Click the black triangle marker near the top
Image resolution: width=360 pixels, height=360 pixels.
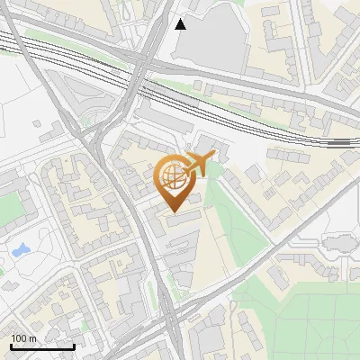click(x=181, y=24)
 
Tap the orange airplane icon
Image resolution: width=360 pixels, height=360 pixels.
click(x=202, y=164)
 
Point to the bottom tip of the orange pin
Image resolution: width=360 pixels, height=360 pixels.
click(x=171, y=212)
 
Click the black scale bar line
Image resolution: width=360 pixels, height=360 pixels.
click(x=42, y=347)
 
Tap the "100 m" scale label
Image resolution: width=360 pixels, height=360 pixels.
click(x=25, y=338)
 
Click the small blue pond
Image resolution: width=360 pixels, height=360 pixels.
click(x=19, y=249)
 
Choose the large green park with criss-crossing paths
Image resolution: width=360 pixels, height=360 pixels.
click(x=306, y=315)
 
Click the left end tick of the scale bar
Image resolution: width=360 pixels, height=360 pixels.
click(x=11, y=346)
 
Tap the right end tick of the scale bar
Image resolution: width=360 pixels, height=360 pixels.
click(x=74, y=346)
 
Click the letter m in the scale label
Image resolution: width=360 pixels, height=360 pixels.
click(x=33, y=338)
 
